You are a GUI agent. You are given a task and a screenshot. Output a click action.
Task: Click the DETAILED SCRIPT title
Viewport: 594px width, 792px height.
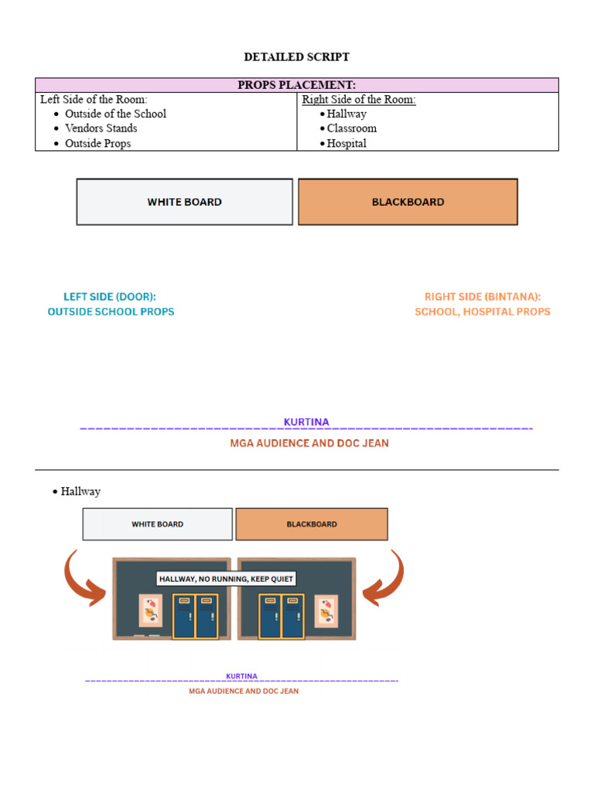[296, 57]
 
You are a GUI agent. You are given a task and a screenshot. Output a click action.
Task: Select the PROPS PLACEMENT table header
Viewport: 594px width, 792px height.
[296, 85]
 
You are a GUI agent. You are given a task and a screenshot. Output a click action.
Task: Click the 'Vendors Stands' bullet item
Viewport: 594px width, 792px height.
[101, 128]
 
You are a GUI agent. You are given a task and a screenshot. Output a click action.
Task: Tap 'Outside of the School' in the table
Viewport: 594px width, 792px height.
[115, 114]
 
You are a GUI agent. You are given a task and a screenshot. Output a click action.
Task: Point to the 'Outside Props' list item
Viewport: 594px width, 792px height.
[97, 143]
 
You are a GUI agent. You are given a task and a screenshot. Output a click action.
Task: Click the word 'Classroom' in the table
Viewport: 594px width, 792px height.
[352, 128]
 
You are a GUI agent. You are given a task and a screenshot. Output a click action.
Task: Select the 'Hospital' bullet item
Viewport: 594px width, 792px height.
[346, 143]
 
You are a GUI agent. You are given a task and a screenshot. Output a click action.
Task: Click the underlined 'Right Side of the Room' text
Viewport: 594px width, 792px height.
[359, 100]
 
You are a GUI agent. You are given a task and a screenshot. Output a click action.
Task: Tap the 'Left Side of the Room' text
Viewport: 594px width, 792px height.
[94, 100]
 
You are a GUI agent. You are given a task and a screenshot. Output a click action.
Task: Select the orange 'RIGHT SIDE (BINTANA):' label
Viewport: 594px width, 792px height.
[483, 297]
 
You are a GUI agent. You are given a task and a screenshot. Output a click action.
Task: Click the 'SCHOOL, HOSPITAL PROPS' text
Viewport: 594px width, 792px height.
[483, 312]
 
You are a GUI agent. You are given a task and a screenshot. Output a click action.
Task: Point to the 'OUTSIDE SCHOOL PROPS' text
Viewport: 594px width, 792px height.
[111, 312]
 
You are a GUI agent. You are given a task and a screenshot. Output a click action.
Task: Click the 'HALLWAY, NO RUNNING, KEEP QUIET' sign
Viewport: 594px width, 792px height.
[226, 579]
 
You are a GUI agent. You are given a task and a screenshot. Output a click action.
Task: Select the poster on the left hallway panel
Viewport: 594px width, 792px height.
[150, 610]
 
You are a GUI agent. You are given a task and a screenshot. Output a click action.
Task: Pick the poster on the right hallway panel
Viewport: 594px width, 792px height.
[326, 610]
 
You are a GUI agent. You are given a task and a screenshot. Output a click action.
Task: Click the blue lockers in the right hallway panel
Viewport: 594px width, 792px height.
[281, 616]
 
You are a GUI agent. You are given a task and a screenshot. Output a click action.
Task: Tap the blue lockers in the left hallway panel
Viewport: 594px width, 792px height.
[195, 616]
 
